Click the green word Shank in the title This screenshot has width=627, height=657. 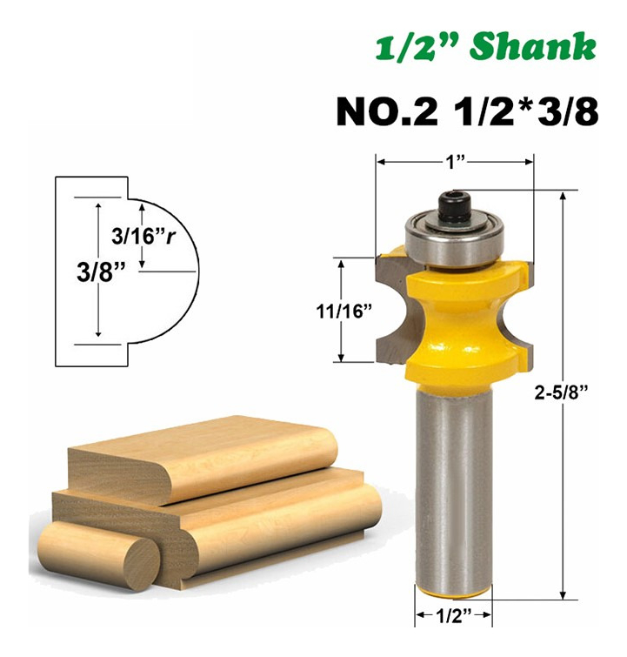pyautogui.click(x=533, y=46)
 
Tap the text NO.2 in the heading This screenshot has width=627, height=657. pyautogui.click(x=387, y=112)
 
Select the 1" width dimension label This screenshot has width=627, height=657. pyautogui.click(x=456, y=162)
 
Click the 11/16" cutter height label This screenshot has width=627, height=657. pyautogui.click(x=344, y=312)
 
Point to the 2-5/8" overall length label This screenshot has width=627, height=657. pyautogui.click(x=561, y=393)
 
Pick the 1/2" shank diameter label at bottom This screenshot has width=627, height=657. pyautogui.click(x=454, y=615)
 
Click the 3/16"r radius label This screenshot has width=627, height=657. pyautogui.click(x=143, y=237)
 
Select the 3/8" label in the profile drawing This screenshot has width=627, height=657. pyautogui.click(x=101, y=272)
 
